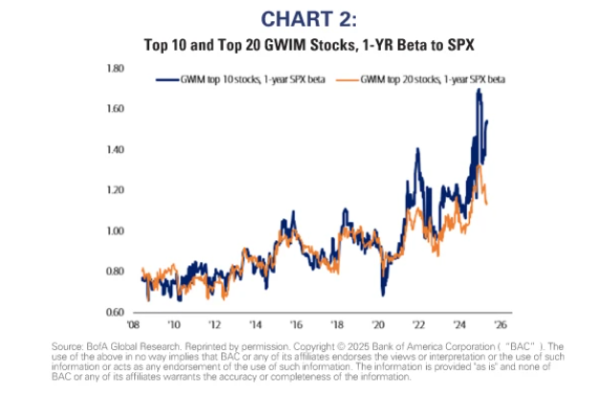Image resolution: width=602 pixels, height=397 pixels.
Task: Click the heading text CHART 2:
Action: click(x=300, y=18)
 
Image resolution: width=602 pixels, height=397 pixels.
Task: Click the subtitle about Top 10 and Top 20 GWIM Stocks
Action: click(x=300, y=43)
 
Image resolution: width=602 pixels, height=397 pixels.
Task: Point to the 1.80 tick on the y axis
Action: click(x=116, y=69)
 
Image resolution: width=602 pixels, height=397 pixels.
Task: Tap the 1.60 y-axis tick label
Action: click(x=116, y=109)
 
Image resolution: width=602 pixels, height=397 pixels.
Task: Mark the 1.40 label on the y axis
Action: click(x=116, y=150)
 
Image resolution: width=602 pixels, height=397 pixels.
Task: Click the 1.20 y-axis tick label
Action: click(x=116, y=190)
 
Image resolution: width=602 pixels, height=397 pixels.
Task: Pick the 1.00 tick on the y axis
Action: click(x=116, y=232)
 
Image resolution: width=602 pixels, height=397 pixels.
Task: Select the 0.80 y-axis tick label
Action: click(x=116, y=272)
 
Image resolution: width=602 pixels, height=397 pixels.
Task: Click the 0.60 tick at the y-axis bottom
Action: click(x=116, y=313)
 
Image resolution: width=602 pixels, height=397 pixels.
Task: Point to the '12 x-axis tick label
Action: click(x=217, y=325)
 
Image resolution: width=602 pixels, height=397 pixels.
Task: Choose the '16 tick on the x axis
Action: click(x=297, y=325)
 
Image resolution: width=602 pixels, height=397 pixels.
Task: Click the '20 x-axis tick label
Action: click(x=377, y=325)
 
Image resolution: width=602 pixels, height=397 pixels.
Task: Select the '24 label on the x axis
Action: click(x=457, y=325)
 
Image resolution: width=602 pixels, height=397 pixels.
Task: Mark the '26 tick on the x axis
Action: click(x=498, y=325)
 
